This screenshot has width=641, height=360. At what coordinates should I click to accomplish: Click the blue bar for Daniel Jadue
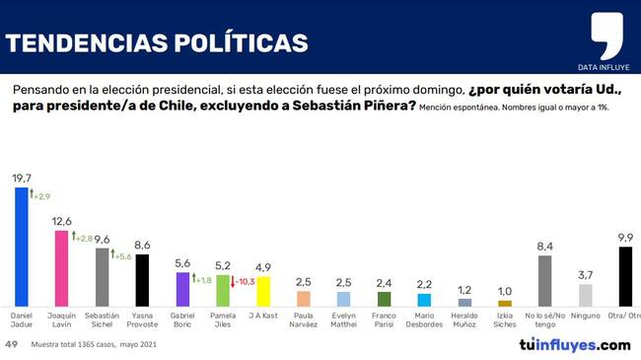tap(22, 248)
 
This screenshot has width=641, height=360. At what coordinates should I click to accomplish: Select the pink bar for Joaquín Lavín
tap(62, 268)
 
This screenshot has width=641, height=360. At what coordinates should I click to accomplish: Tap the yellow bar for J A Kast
tap(263, 292)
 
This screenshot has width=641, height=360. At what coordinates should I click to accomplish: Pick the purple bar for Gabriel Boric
tap(182, 290)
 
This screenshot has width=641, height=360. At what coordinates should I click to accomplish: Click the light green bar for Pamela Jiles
tap(223, 291)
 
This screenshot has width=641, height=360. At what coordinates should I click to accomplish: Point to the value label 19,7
tap(22, 179)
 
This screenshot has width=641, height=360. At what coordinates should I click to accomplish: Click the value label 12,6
tap(62, 221)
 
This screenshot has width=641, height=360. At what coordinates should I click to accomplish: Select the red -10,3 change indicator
tap(243, 281)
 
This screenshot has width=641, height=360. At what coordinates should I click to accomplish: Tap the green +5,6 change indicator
tap(121, 255)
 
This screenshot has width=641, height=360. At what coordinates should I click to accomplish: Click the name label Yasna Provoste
tap(142, 320)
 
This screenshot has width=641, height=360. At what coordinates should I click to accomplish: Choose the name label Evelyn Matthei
tap(344, 320)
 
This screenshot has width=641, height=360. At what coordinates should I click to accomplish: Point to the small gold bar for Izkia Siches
tap(505, 304)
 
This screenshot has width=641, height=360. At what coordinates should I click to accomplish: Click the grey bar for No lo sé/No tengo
tap(545, 281)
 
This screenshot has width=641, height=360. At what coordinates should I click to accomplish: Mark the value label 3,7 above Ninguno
tap(586, 275)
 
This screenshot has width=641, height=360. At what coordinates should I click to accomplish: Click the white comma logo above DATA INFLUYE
tap(607, 36)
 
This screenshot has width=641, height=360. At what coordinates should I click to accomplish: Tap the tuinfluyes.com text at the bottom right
tap(575, 345)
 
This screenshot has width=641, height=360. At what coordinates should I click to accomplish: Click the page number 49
tap(12, 344)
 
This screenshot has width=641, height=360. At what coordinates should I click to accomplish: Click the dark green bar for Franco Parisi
tap(384, 299)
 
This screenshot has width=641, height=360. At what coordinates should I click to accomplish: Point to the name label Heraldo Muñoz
tap(464, 320)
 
